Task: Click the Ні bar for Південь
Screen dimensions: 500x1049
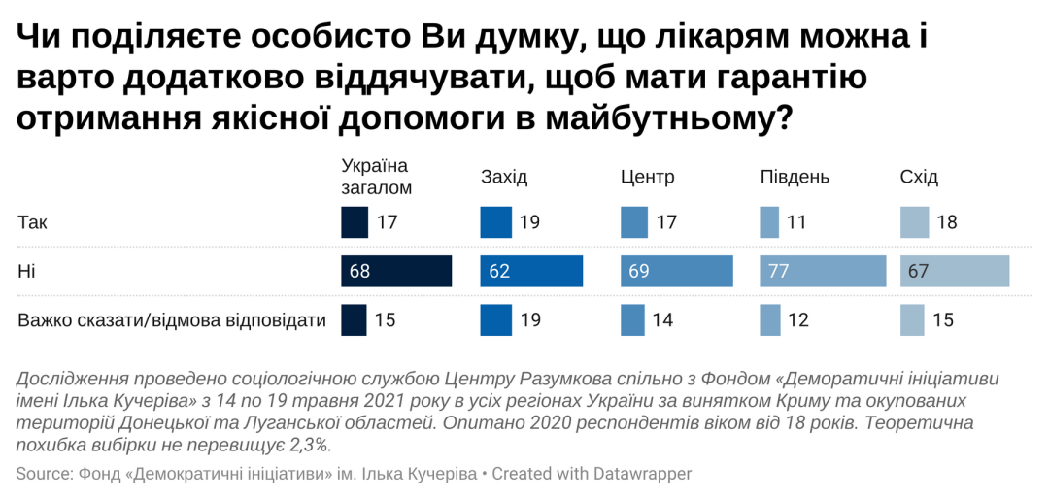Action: [x=823, y=271]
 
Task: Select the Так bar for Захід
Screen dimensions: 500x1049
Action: [x=495, y=222]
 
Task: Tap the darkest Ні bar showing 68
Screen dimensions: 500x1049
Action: [x=396, y=271]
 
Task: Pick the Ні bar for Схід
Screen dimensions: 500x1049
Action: [x=955, y=271]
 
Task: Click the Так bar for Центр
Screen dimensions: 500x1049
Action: [x=633, y=222]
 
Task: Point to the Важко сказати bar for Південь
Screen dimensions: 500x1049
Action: [x=769, y=319]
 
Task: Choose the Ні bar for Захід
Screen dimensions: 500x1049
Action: [x=531, y=271]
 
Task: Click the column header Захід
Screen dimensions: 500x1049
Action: [x=504, y=177]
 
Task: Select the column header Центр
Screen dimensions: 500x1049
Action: [x=647, y=177]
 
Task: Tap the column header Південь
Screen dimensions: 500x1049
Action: [x=795, y=177]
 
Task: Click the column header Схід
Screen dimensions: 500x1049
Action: [x=919, y=177]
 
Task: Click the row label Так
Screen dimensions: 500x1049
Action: [x=32, y=222]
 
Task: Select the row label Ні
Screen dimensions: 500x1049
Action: [x=26, y=271]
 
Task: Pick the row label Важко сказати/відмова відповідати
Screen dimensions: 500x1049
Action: [x=172, y=319]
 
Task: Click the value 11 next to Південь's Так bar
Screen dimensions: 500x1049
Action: [x=796, y=222]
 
